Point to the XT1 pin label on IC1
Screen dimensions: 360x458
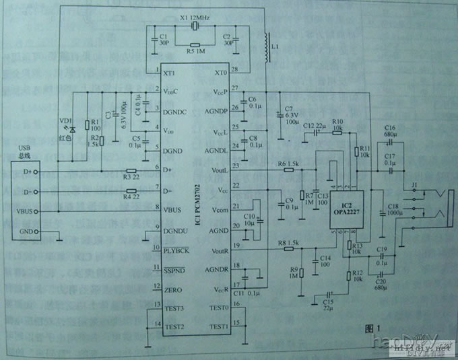point(170,72)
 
